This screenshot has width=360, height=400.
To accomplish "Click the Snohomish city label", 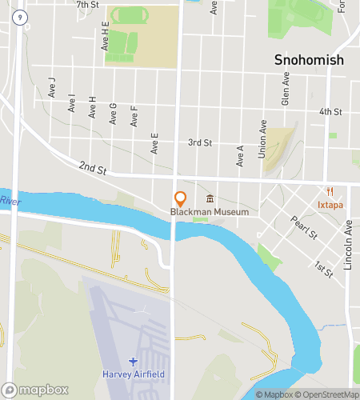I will point(308,60).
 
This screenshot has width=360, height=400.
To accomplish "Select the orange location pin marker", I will point(180,198).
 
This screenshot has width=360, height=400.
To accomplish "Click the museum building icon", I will point(210,198).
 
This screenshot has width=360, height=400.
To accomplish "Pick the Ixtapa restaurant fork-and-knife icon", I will point(330,191).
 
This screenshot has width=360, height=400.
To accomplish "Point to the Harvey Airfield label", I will point(133,373).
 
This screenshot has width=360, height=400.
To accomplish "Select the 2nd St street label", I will point(92,169).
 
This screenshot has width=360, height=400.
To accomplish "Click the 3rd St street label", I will point(199,142).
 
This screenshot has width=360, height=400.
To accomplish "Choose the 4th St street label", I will point(330,111).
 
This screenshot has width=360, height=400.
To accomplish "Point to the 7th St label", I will point(87,5).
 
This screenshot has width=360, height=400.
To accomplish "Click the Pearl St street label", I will point(304,228).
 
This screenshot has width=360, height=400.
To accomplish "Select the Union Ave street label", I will point(262,138).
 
